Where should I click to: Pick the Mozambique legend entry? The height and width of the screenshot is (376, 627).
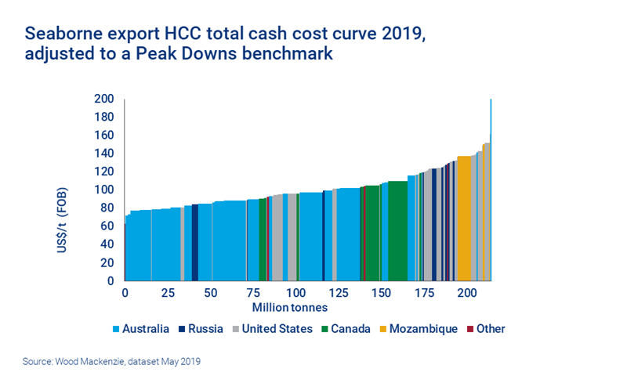pos(424,329)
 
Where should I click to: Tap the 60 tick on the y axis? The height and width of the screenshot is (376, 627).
pos(109,226)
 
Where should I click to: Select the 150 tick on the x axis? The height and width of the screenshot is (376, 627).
pos(381,292)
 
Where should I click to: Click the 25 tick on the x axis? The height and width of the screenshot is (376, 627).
pos(167,292)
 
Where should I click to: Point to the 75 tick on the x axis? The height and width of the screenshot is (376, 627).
pos(252,292)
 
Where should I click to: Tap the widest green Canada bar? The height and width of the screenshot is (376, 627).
pos(397,230)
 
